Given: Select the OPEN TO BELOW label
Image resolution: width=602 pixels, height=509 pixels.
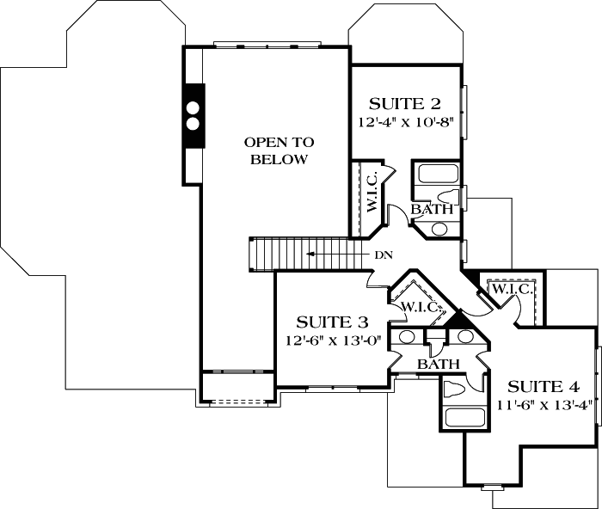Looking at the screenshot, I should (279, 150).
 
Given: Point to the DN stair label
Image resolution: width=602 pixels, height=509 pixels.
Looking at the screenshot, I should (384, 254).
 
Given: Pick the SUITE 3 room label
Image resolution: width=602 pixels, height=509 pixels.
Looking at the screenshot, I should (332, 322).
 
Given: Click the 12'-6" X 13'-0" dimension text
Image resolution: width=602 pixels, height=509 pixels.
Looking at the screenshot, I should (332, 340).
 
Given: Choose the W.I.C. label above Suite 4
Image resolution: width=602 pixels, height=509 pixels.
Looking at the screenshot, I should (513, 290).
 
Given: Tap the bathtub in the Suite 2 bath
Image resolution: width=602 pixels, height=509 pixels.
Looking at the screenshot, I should (436, 175).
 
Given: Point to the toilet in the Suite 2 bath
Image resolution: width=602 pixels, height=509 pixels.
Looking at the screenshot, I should (451, 193).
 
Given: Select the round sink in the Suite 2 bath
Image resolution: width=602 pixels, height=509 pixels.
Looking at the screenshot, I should (439, 229).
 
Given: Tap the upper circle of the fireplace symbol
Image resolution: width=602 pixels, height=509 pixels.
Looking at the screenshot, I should (193, 108).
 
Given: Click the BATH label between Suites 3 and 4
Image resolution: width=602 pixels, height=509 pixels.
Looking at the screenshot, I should (434, 365).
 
